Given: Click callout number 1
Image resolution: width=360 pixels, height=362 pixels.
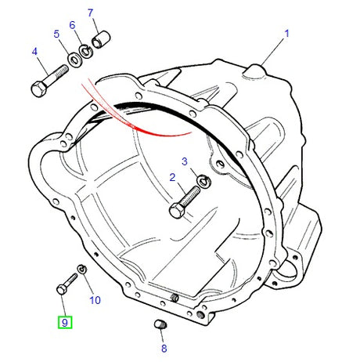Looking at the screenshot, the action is coord(286,34).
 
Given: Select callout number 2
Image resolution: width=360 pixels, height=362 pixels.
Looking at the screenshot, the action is coord(172,178).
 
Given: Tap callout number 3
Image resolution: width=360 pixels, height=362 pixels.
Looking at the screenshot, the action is coord(185,161).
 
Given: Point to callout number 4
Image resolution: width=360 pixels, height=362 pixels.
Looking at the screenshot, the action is coord(34,52).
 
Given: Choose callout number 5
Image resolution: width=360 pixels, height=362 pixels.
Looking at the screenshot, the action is coord(56,34).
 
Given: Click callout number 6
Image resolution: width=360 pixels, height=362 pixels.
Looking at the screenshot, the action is coord(72,25).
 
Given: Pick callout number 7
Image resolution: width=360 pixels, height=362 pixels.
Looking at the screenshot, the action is coord(90,13).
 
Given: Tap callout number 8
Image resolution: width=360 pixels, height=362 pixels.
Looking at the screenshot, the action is coord(164,349).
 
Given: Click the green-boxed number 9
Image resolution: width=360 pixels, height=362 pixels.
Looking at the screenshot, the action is coord(65,323).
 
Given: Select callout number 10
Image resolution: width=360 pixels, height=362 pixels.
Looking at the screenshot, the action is coord(95,300).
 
